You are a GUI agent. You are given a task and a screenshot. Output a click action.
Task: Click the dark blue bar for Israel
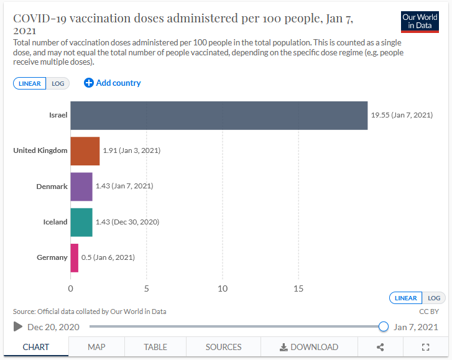pos(219,116)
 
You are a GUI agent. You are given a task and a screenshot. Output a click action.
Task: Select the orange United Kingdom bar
pos(85,151)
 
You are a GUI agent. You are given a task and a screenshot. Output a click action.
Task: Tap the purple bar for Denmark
pos(81,187)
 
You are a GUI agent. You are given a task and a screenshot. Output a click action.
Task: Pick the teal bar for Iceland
pos(81,222)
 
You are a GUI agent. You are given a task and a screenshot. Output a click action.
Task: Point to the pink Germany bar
pos(75,257)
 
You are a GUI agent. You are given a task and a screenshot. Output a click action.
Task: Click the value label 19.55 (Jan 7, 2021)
pos(402,116)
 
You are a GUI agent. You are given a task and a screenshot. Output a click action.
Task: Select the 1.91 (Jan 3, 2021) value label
pos(131,151)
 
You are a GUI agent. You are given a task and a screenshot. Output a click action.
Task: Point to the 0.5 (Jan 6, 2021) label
pos(108,257)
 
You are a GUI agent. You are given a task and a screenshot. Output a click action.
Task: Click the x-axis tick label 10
pos(223,288)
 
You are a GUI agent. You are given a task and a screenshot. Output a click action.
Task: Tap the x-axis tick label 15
pos(298,288)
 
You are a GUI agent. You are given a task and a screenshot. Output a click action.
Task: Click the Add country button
pos(113,83)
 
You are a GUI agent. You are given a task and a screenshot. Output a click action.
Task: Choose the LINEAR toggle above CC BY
pos(405,298)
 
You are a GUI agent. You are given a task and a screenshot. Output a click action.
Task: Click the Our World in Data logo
pos(420,22)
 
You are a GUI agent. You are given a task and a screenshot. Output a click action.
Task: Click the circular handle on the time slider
pos(384,326)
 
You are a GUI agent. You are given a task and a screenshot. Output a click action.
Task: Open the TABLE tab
pos(155,347)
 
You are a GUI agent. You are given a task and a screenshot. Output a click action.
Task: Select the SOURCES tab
pos(223,347)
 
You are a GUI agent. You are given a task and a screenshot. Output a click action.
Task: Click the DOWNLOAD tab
pos(309,347)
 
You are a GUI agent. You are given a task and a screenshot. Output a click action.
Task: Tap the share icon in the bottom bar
pos(381,347)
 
